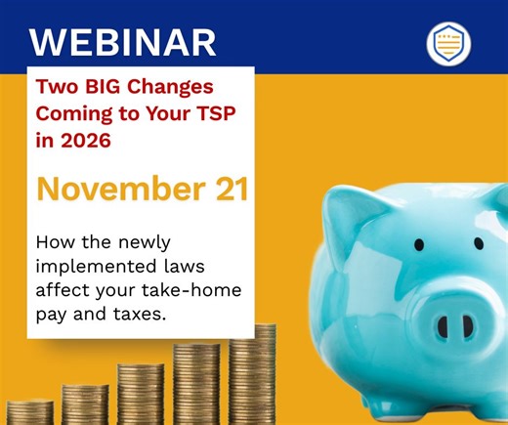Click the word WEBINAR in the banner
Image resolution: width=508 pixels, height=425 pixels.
tap(122, 42)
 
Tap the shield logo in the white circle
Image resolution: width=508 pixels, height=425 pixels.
tap(448, 42)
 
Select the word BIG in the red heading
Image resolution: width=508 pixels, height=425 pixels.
tap(99, 84)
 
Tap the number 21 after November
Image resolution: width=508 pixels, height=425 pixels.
tap(226, 189)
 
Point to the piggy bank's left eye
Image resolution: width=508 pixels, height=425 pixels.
tap(419, 243)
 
